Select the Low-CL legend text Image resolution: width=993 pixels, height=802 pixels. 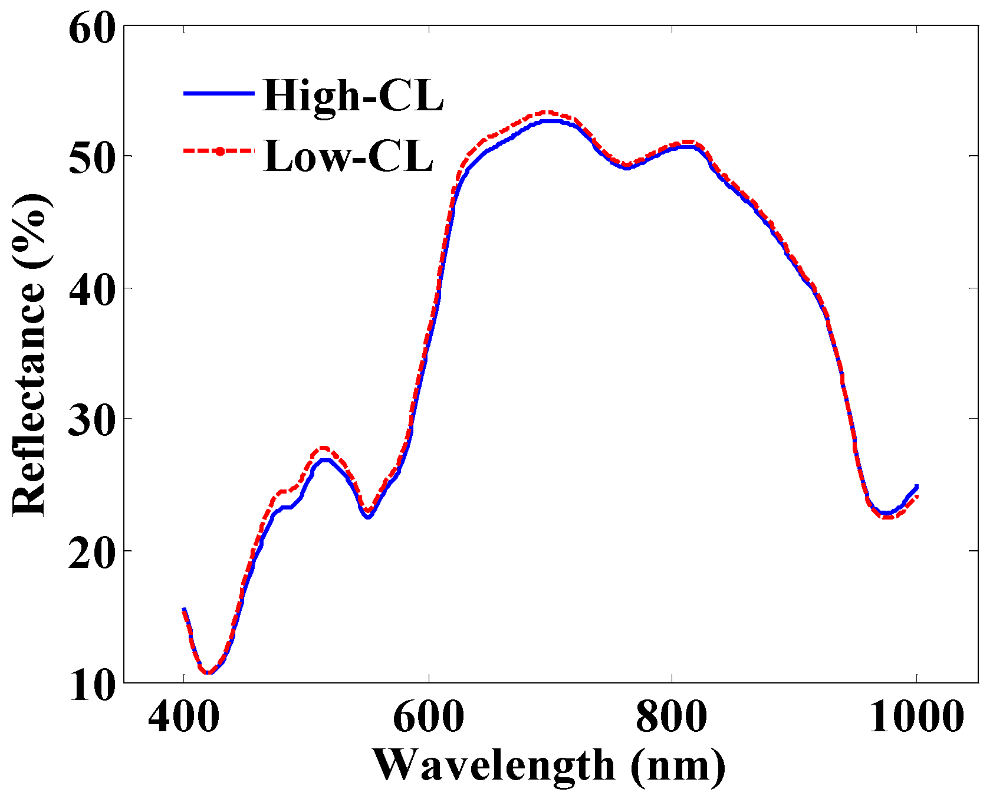(x=348, y=156)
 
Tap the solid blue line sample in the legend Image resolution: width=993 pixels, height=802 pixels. (x=219, y=94)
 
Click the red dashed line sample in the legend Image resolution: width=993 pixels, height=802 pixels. (x=219, y=152)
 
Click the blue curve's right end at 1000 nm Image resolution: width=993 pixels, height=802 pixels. (x=916, y=487)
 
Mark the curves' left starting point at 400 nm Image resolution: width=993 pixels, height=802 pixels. (x=184, y=610)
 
